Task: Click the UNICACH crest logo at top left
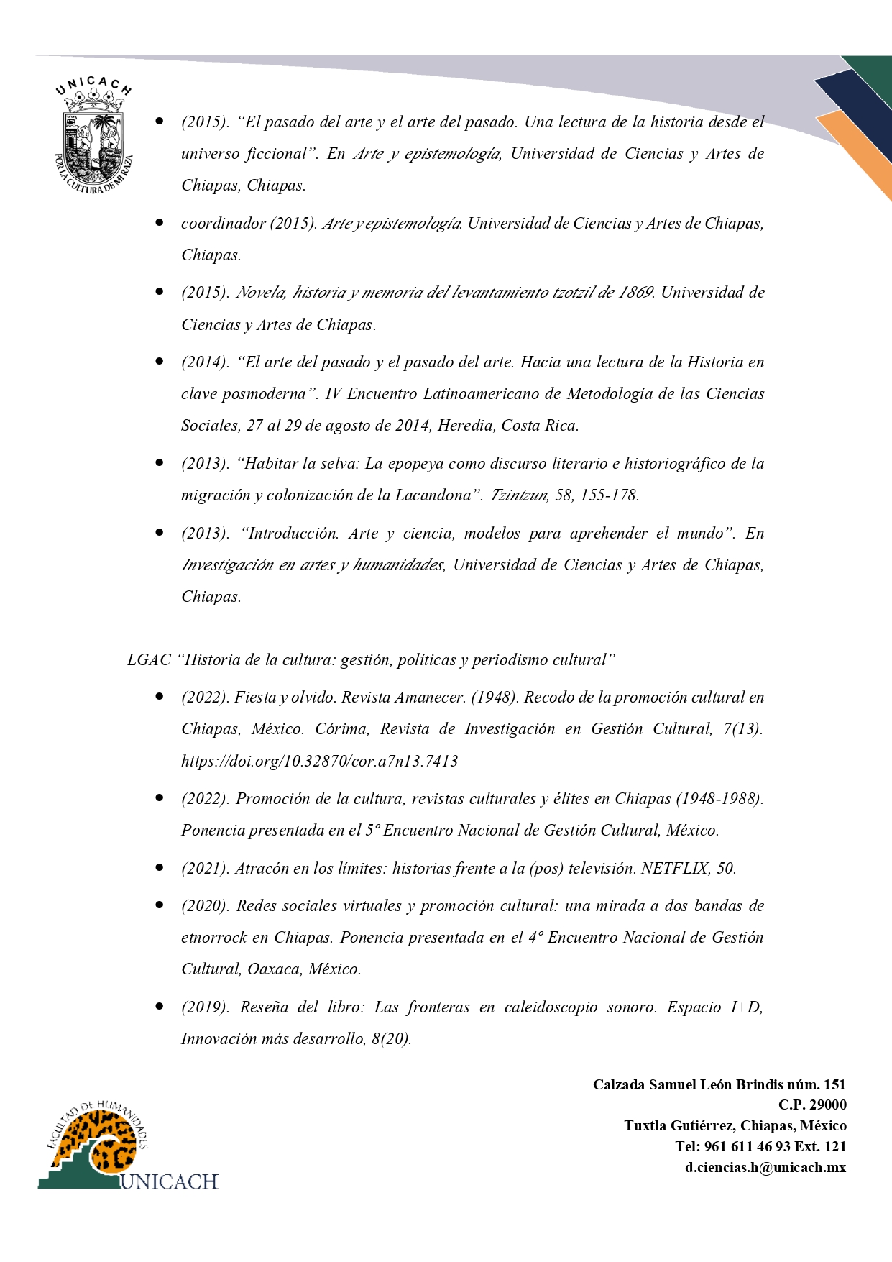[93, 137]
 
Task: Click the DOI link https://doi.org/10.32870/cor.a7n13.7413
[319, 761]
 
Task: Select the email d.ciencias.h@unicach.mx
[765, 1167]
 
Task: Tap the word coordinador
[223, 223]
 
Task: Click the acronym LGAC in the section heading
[149, 659]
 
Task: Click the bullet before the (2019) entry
[160, 1006]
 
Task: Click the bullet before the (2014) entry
[160, 361]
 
